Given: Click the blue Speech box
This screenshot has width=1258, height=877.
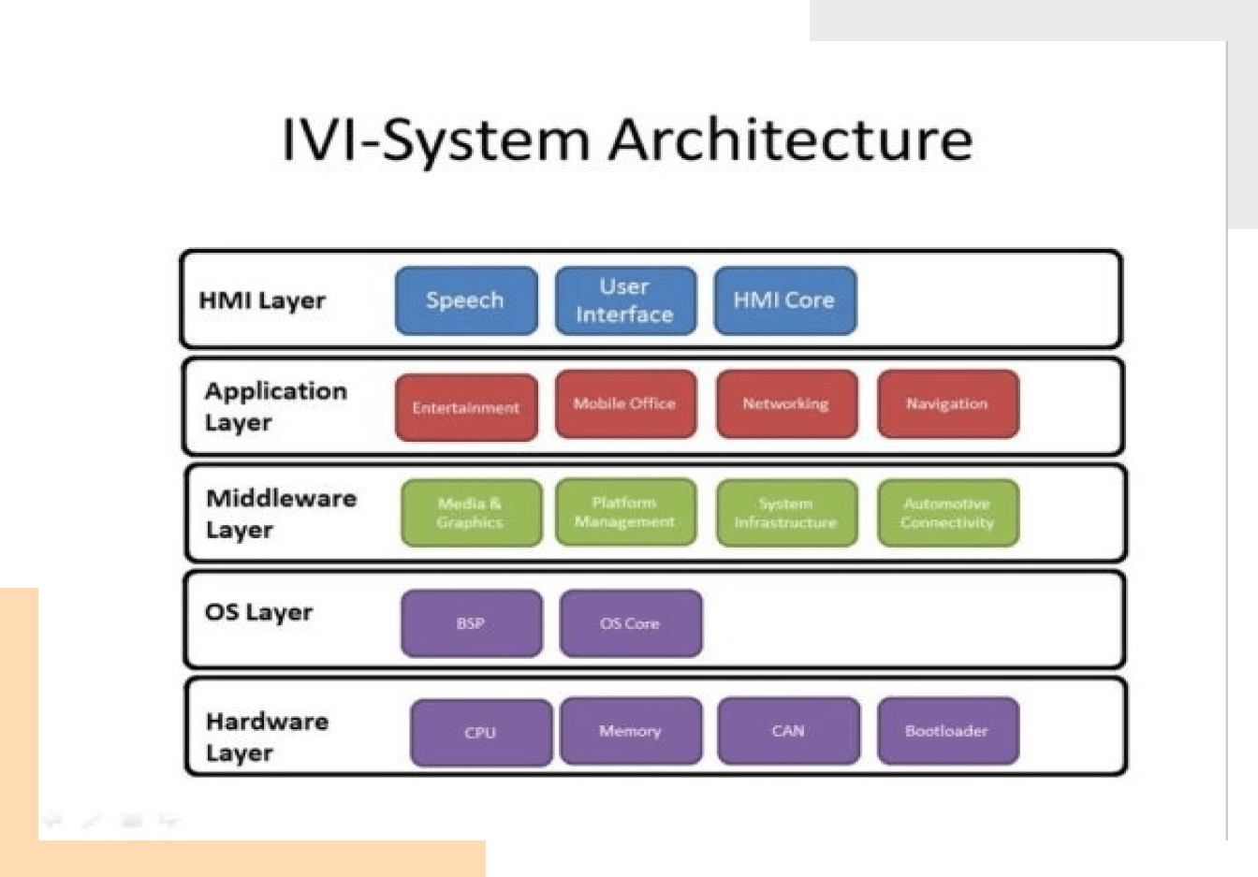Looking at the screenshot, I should point(466,300).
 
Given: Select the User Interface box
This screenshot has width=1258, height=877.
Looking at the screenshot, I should point(625,300).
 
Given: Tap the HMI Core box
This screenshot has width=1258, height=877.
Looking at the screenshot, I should point(784,300).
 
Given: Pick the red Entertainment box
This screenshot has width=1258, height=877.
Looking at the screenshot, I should point(466,407).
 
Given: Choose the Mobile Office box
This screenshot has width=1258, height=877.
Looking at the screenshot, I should point(625,403).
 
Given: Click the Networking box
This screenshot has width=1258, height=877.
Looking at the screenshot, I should point(786,403).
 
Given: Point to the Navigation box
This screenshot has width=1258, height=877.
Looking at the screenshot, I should point(947,403).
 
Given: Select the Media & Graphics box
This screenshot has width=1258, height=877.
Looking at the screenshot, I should point(471,513).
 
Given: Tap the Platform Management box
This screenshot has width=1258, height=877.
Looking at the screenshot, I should point(625,512).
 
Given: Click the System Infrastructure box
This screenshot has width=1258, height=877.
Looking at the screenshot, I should point(786,513).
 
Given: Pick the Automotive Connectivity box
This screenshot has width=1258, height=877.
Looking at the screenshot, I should point(947,513).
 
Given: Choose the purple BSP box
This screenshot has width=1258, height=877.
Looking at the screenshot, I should point(471,622).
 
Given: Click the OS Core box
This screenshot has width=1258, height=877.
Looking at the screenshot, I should point(630,622).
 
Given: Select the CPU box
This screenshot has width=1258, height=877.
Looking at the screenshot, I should point(480,732).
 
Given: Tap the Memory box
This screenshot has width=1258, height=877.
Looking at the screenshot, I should point(630,730).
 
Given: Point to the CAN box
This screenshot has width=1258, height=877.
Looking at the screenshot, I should point(788,730).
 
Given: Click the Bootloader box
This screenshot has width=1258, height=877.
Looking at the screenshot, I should point(947,730).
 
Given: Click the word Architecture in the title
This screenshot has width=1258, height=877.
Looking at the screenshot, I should point(791,140).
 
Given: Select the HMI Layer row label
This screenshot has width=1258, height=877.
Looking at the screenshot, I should point(262,300).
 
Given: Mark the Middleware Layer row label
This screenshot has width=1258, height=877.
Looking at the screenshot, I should point(281,513).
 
